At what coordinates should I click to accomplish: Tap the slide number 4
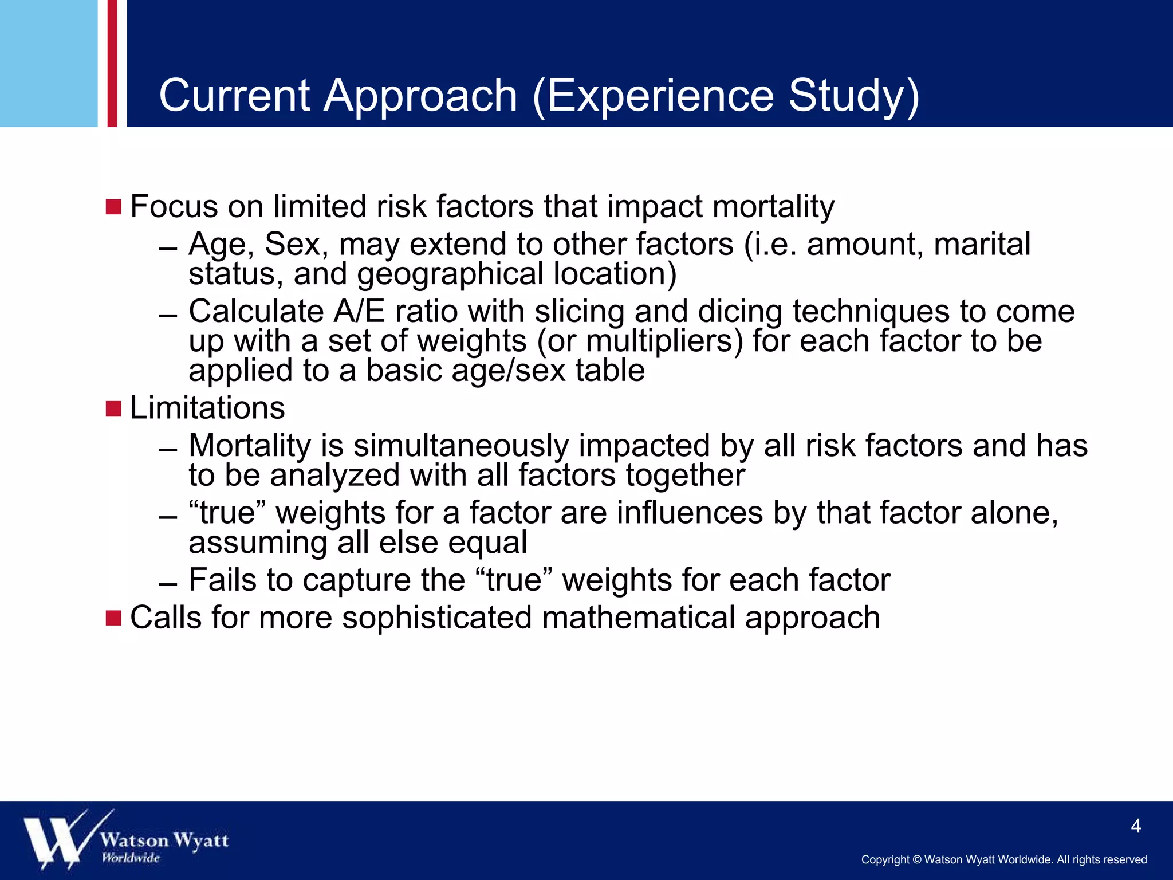click(1136, 826)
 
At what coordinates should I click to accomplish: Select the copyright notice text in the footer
click(1003, 860)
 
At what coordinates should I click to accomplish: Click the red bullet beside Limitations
click(113, 409)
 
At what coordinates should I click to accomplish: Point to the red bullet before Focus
click(113, 207)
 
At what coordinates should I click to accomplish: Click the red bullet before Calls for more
click(113, 618)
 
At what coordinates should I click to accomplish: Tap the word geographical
click(450, 274)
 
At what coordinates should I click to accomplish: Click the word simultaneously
click(461, 446)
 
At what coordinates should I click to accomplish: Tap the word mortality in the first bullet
click(773, 207)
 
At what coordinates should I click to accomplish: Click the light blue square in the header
click(49, 63)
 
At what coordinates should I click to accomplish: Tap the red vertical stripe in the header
click(112, 63)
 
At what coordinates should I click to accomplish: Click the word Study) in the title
click(853, 96)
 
